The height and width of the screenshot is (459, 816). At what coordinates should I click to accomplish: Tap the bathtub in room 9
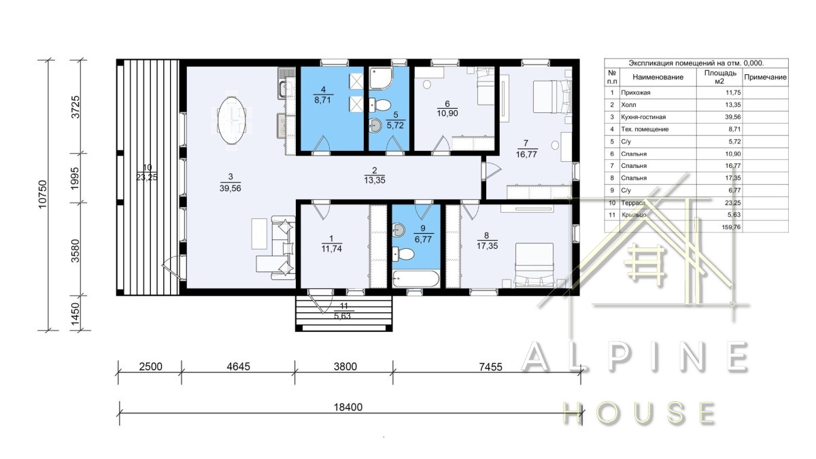415,279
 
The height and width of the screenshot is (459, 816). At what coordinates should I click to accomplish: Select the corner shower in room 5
381,78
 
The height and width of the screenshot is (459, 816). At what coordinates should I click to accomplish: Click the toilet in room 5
380,105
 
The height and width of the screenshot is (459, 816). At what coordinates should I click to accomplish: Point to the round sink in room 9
398,230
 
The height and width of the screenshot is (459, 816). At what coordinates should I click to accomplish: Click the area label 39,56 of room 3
231,188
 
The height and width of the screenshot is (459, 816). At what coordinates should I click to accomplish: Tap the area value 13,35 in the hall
375,180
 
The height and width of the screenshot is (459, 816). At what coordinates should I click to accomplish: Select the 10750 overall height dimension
43,194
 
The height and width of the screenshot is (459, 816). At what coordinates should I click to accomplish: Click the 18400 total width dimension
348,407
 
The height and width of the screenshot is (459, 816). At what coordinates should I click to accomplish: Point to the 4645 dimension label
238,366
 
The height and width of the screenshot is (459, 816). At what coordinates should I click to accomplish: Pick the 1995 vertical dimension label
75,178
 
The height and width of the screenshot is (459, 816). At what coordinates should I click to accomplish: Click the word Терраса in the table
634,203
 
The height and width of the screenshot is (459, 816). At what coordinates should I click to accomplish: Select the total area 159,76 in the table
731,227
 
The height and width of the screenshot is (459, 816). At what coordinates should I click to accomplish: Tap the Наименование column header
658,78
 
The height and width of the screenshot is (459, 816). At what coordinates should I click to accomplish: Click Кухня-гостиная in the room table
643,117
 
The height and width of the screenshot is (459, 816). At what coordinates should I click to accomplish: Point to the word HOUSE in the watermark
639,413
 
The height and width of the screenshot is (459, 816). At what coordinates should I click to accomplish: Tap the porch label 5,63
343,316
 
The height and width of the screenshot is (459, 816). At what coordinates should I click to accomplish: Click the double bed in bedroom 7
552,97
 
